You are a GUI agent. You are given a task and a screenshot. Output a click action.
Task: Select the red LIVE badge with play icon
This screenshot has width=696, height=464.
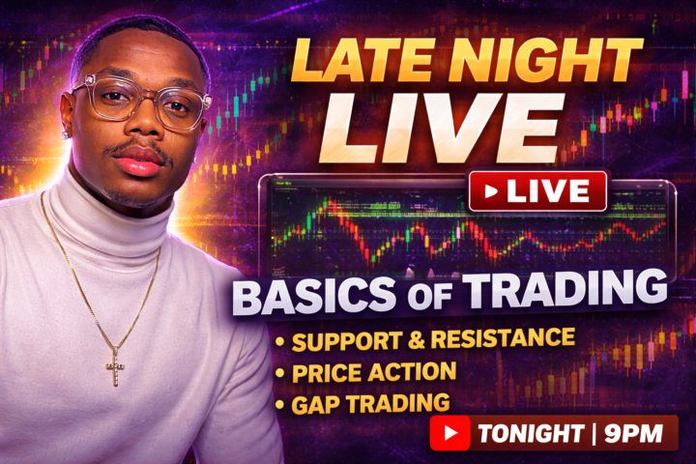537,191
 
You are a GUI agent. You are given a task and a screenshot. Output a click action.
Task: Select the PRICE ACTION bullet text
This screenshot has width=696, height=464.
371,371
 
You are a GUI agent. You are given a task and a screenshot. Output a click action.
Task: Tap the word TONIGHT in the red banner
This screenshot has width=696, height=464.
527,433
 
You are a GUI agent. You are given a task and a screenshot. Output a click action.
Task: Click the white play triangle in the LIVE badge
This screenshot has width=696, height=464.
491,191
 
